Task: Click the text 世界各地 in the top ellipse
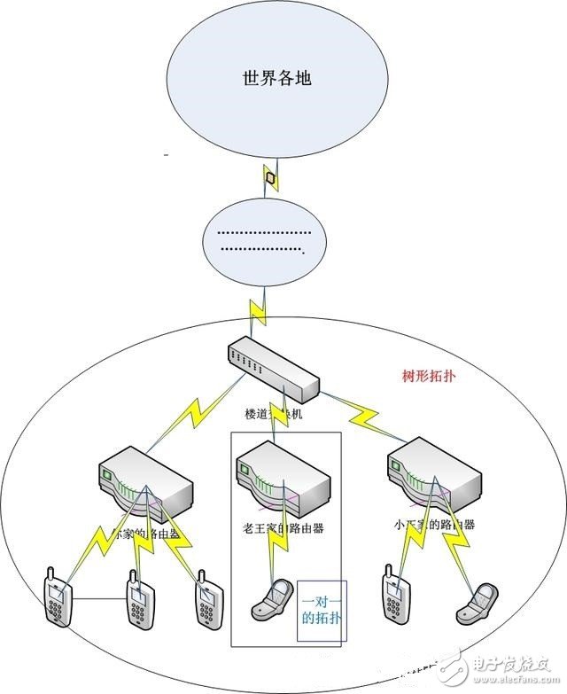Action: click(x=277, y=78)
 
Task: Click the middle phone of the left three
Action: click(x=138, y=604)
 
